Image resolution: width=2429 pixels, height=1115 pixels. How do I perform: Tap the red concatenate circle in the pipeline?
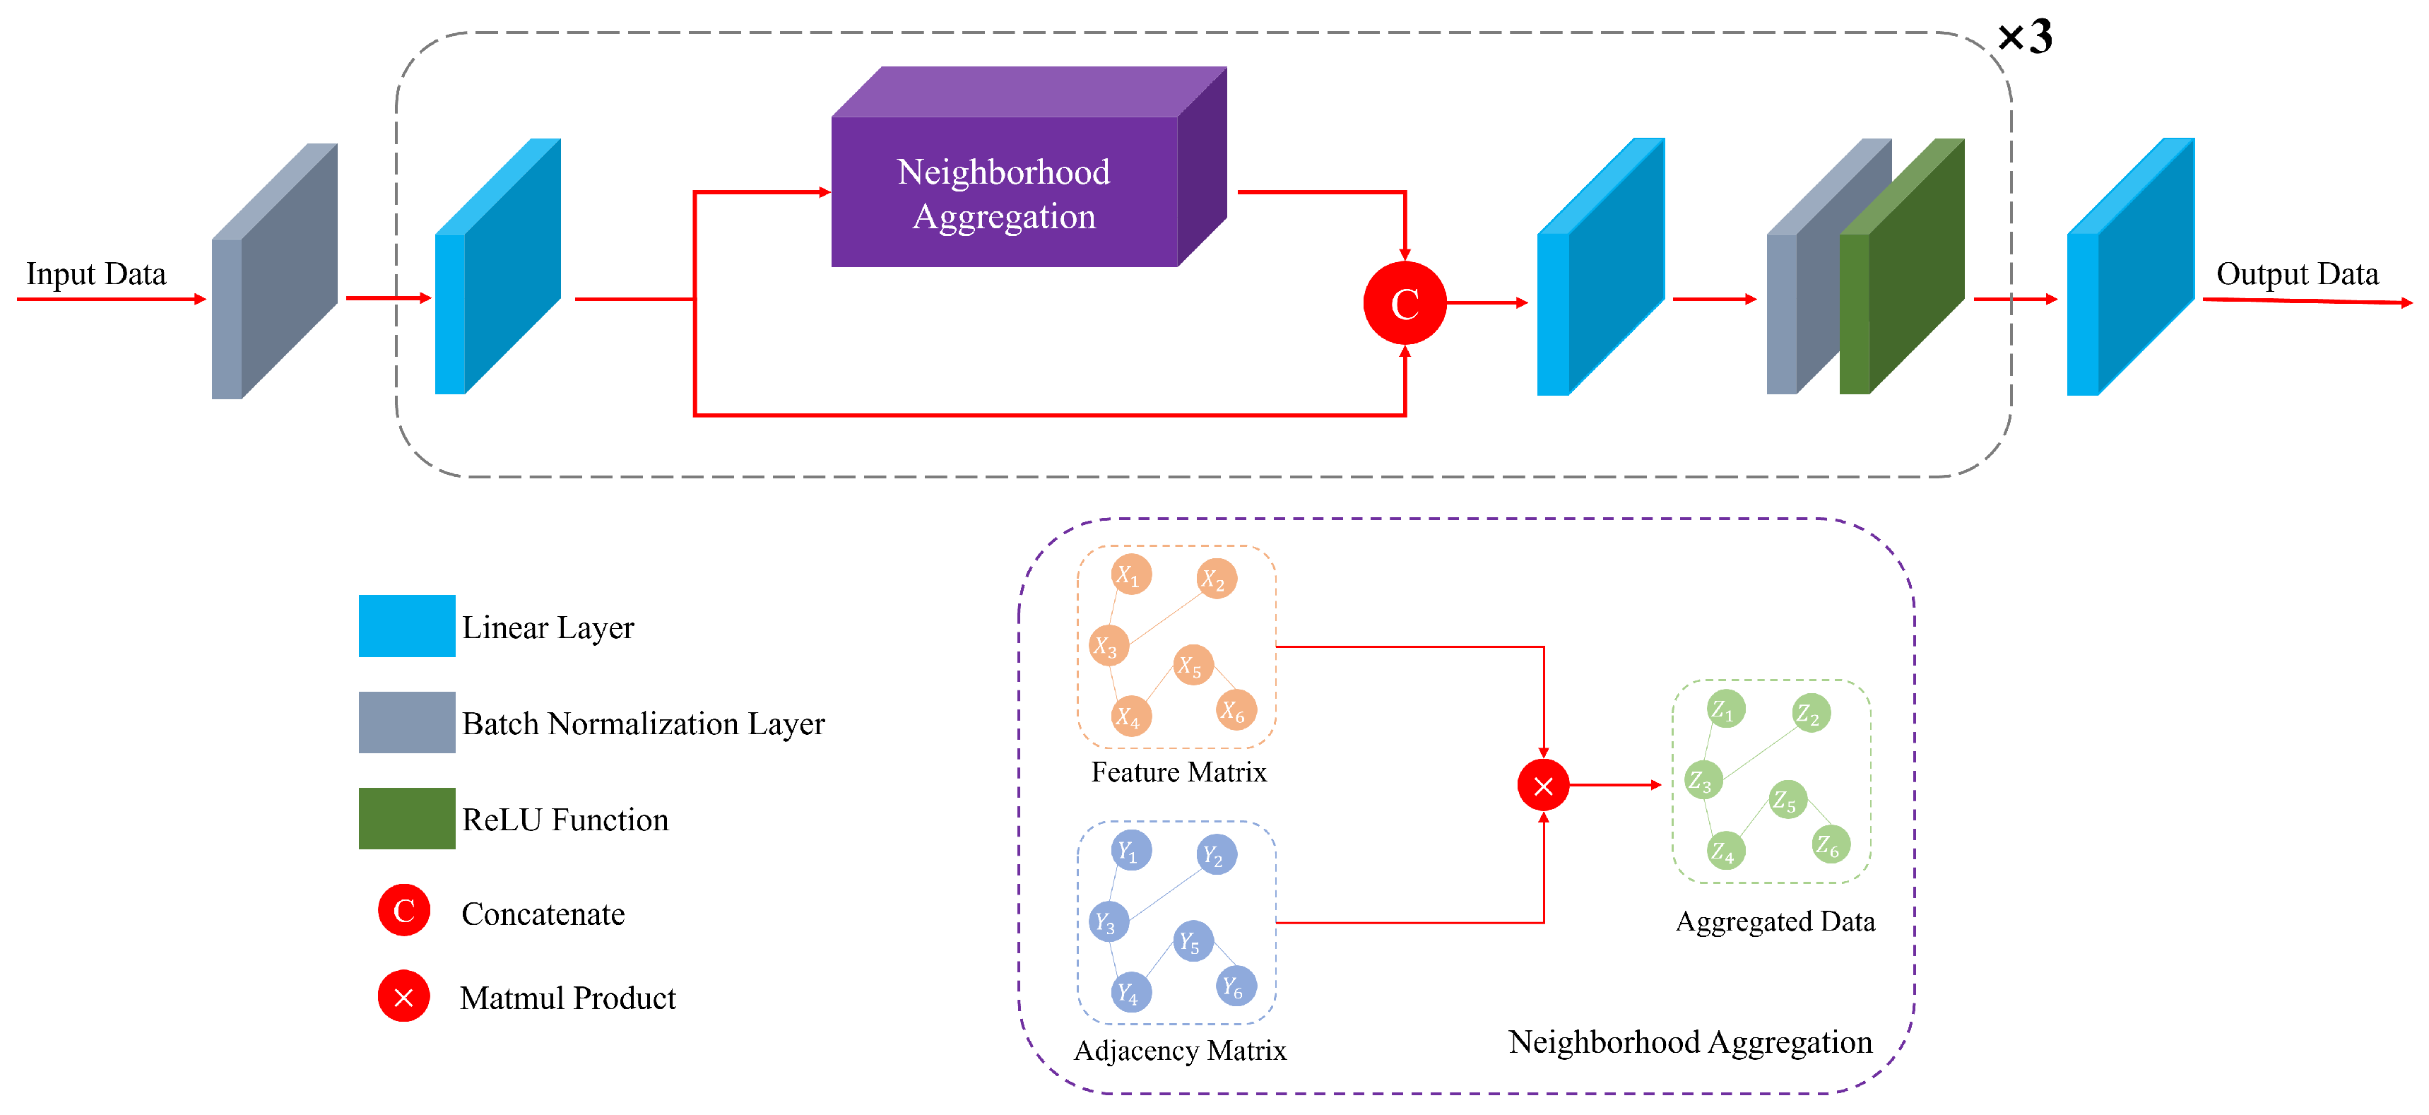tap(1405, 303)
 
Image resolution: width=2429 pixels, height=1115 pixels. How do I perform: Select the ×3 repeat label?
tap(2024, 37)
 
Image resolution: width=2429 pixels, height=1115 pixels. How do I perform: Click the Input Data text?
tap(96, 273)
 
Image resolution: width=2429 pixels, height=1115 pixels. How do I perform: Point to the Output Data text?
tap(2297, 273)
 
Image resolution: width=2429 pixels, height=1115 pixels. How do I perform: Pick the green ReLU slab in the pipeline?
tap(1902, 266)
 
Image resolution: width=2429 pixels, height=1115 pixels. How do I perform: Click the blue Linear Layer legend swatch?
tap(406, 625)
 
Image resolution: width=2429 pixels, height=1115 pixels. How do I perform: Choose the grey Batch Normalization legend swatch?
tap(406, 723)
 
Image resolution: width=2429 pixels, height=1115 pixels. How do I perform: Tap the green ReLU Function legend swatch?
tap(406, 818)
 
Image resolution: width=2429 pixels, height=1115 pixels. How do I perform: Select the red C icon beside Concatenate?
tap(403, 910)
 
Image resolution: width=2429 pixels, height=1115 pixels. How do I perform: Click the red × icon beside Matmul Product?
tap(403, 996)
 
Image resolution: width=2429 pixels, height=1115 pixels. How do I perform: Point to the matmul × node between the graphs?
tap(1542, 785)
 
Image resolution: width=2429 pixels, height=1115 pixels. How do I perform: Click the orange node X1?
tap(1130, 574)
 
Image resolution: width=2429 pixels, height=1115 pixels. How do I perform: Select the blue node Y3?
tap(1108, 921)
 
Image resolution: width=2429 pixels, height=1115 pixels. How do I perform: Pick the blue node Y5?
tap(1193, 940)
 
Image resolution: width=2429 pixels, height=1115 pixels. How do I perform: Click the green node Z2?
tap(1810, 713)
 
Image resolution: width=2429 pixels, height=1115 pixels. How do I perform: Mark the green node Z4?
tap(1725, 851)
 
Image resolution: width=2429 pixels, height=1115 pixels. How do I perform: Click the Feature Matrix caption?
tap(1178, 772)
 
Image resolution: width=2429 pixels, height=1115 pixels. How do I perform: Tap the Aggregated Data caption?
tap(1775, 921)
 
